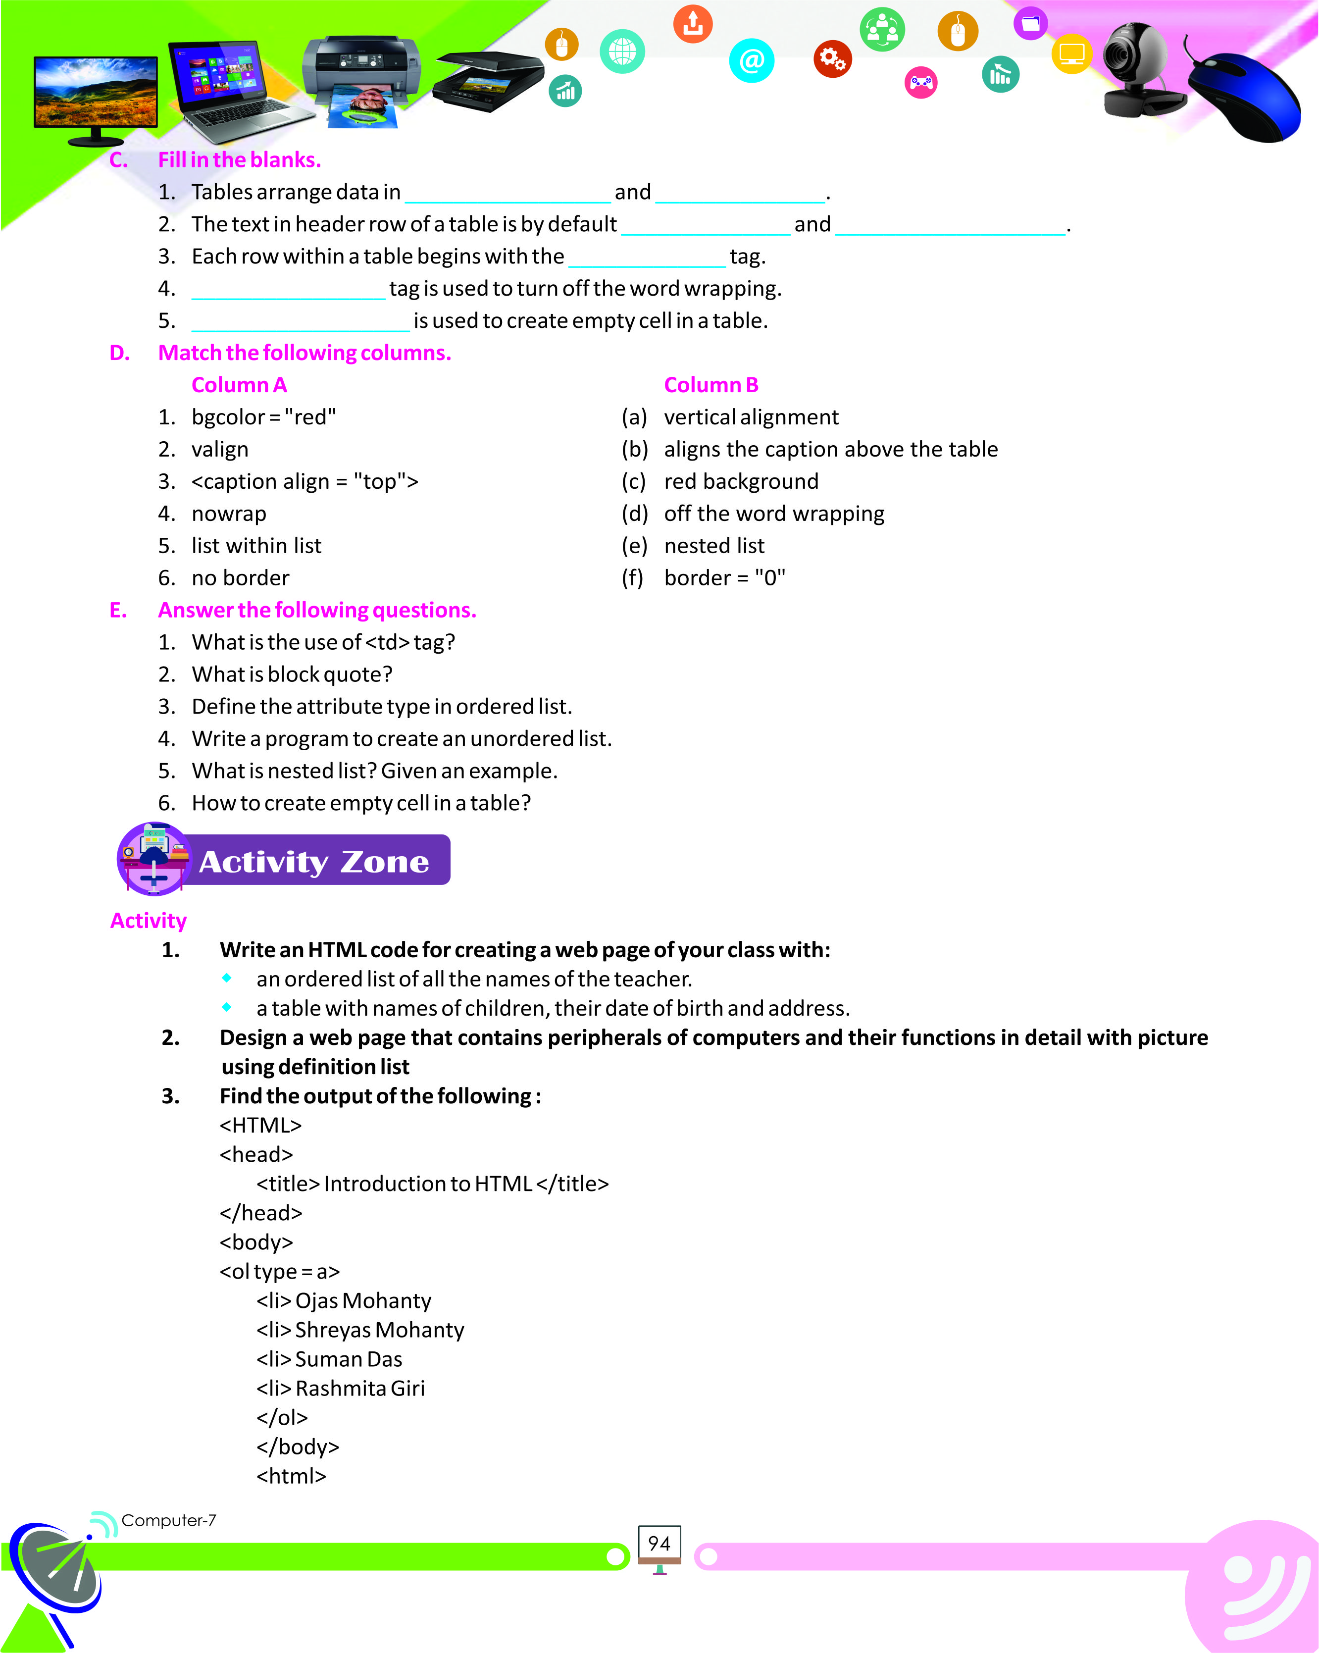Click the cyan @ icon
[751, 60]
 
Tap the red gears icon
[832, 58]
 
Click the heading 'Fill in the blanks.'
[239, 159]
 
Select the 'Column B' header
[710, 385]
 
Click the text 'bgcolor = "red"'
[263, 417]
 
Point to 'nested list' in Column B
[713, 546]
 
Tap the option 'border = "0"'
[724, 578]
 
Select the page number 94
[659, 1543]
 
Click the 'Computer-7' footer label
[169, 1520]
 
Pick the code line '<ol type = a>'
[279, 1271]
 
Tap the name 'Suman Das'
[348, 1358]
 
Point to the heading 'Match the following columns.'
[304, 353]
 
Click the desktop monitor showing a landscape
[96, 96]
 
